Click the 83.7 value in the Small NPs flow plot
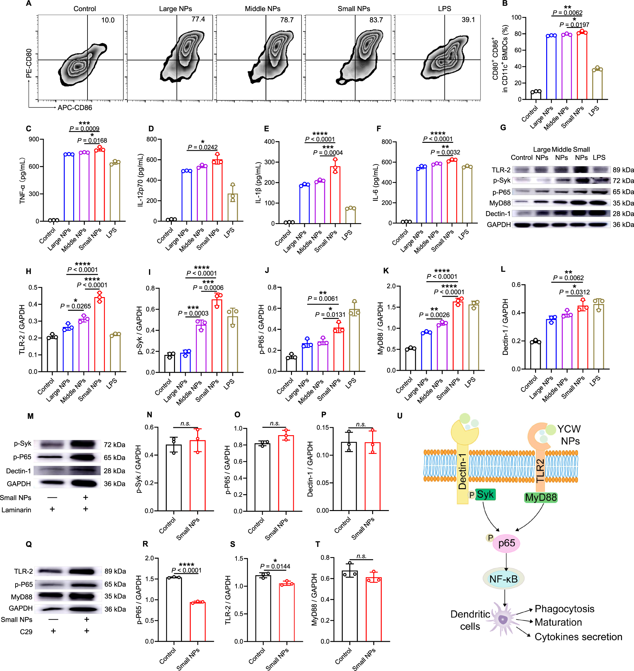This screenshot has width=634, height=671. pyautogui.click(x=376, y=20)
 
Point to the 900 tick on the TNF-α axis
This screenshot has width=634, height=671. pyautogui.click(x=34, y=139)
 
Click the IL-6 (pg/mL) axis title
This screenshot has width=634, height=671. pyautogui.click(x=375, y=183)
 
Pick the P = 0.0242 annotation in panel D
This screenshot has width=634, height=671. pyautogui.click(x=203, y=147)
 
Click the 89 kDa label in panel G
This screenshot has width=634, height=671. pyautogui.click(x=623, y=170)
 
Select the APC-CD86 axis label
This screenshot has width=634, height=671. pyautogui.click(x=75, y=108)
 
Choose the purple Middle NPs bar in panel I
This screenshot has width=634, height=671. pyautogui.click(x=201, y=348)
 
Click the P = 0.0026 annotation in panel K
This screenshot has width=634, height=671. pyautogui.click(x=434, y=315)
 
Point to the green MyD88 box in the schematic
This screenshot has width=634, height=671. pyautogui.click(x=540, y=497)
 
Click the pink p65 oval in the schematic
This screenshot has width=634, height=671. pyautogui.click(x=506, y=543)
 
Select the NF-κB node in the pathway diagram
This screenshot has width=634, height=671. pyautogui.click(x=503, y=579)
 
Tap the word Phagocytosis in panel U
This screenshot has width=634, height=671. pyautogui.click(x=564, y=609)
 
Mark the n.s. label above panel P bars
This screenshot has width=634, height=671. pyautogui.click(x=361, y=424)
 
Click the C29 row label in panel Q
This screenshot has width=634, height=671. pyautogui.click(x=26, y=631)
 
